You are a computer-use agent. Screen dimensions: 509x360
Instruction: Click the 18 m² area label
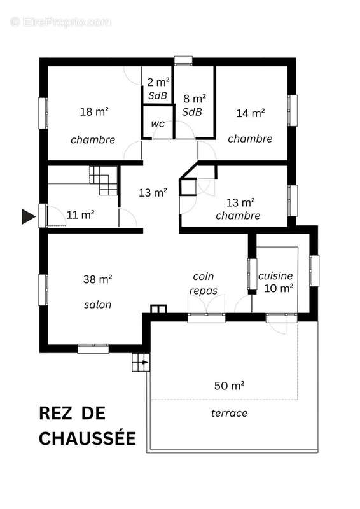[93, 112]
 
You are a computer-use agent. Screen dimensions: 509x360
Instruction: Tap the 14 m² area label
[250, 113]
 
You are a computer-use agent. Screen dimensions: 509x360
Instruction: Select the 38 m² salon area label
[97, 279]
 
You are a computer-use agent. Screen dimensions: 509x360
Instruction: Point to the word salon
[97, 305]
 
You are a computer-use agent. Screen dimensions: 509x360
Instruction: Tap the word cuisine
[275, 276]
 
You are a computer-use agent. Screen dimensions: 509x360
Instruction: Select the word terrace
[229, 413]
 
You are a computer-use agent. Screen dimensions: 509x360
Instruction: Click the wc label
[158, 123]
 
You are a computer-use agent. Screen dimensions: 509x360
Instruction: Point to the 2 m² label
[157, 82]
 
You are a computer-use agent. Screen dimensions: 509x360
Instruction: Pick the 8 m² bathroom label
[194, 99]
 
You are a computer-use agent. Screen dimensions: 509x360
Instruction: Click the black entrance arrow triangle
[27, 216]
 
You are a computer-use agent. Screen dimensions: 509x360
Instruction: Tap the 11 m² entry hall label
[80, 214]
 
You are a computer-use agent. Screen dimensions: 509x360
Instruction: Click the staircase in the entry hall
[104, 180]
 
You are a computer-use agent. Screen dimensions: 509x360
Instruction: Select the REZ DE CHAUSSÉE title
[87, 426]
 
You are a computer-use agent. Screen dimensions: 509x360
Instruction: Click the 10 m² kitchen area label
[279, 288]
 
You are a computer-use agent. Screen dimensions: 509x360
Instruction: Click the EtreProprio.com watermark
[60, 22]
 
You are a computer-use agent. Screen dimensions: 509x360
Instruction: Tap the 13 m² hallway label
[153, 193]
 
